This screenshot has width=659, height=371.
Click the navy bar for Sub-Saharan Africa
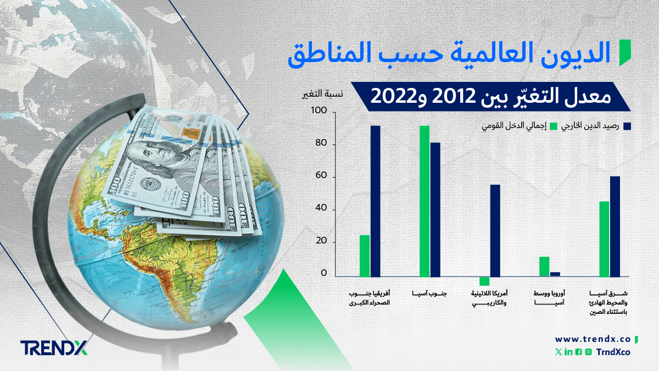(x=375, y=201)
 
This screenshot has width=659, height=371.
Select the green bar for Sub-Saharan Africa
(x=365, y=256)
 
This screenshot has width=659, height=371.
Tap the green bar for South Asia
(x=425, y=201)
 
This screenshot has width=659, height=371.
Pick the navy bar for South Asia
(x=435, y=209)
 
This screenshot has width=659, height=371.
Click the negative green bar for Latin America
(x=484, y=281)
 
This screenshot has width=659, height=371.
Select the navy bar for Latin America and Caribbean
(x=495, y=230)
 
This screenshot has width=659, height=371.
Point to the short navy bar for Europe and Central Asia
(x=555, y=274)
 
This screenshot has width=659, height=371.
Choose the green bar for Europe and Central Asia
(x=544, y=267)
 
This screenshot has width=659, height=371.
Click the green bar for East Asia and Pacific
(x=604, y=239)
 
